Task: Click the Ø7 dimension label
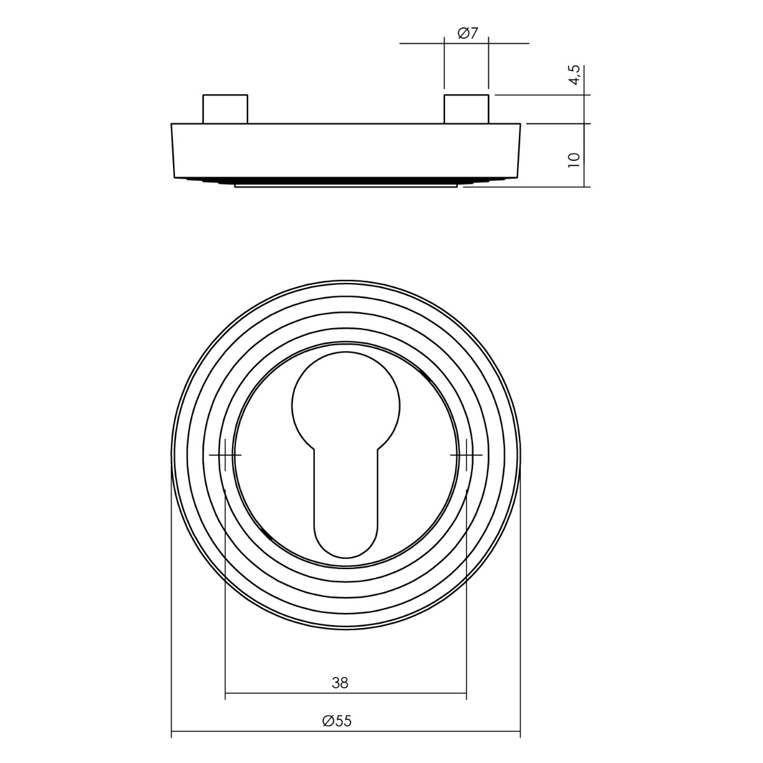467,33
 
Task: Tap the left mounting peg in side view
225,109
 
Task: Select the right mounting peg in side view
467,109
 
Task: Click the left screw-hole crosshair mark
225,455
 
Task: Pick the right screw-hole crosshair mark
467,455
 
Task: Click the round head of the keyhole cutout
346,404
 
